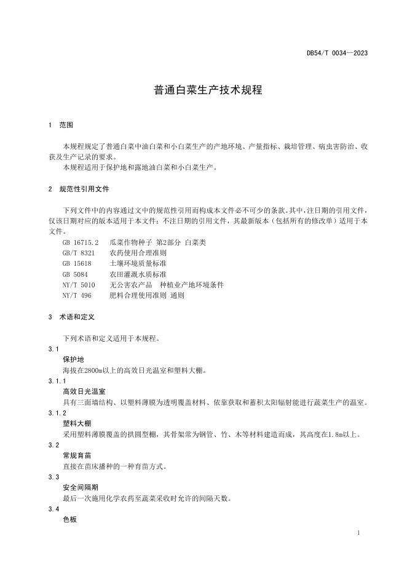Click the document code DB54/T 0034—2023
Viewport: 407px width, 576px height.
337,53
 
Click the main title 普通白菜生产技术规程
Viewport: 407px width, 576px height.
208,90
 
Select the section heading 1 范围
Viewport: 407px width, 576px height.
61,124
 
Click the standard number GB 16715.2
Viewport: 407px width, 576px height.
80,242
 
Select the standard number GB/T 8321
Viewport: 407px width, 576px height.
79,253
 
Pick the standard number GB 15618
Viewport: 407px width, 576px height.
77,263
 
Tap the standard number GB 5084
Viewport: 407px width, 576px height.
75,274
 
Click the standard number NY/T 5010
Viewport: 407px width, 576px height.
79,284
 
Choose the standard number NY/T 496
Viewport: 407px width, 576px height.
77,295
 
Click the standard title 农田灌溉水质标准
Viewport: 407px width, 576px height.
138,274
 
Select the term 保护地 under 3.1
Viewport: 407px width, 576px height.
73,359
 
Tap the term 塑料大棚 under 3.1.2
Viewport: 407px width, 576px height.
77,423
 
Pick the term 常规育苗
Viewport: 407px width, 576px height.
77,455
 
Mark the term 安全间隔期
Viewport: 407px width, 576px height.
80,487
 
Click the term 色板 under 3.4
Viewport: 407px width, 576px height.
69,519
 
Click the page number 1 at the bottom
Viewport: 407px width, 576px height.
358,532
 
